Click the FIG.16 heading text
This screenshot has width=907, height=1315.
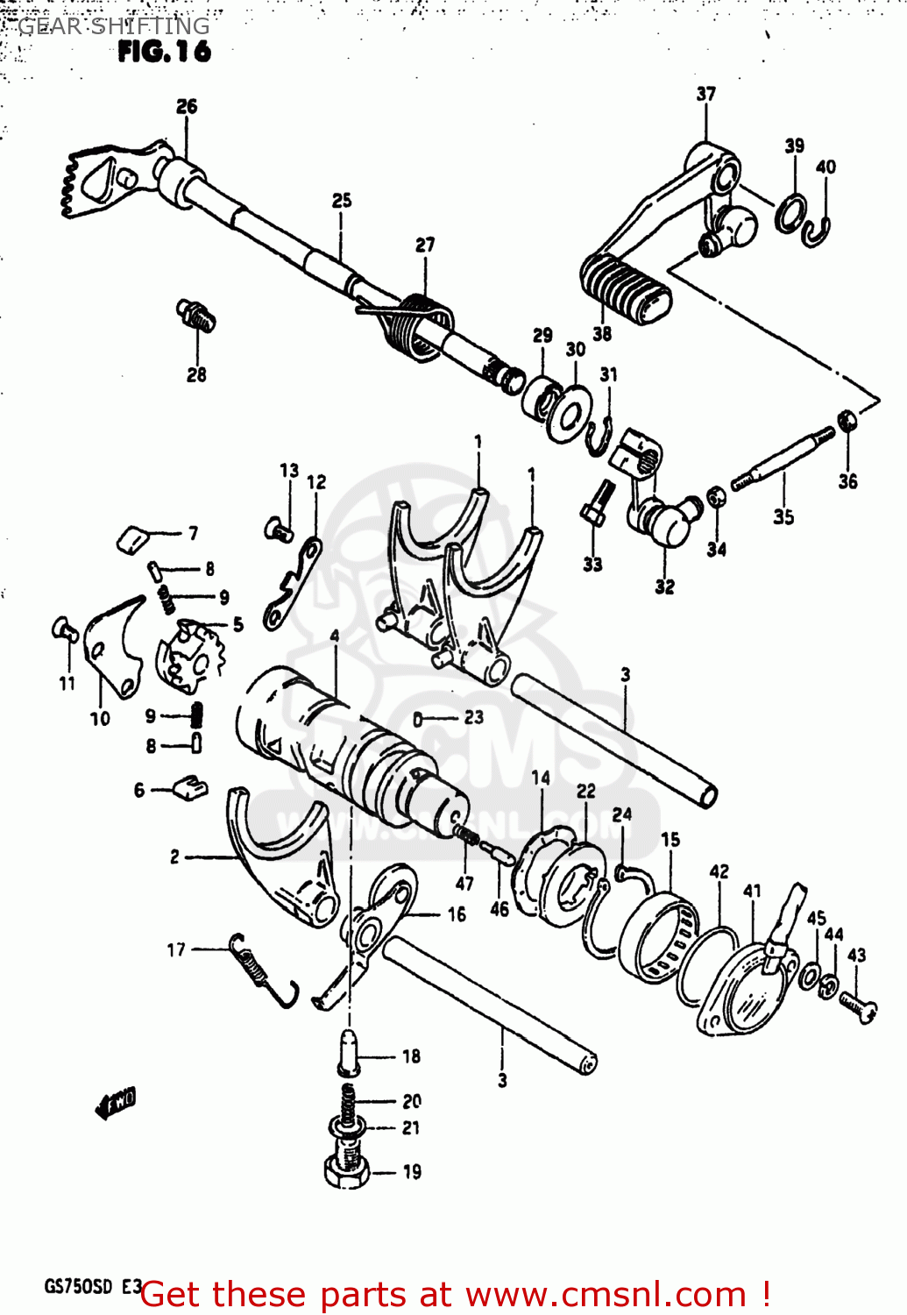coord(164,52)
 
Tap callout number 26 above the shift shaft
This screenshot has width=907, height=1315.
coord(187,107)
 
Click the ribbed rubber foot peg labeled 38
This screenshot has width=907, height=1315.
coord(625,287)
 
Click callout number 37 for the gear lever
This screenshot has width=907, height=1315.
coord(705,94)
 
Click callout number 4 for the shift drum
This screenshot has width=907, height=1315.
coord(334,636)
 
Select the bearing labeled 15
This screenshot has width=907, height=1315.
coord(662,938)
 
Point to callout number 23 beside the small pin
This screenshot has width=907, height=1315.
coord(473,718)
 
